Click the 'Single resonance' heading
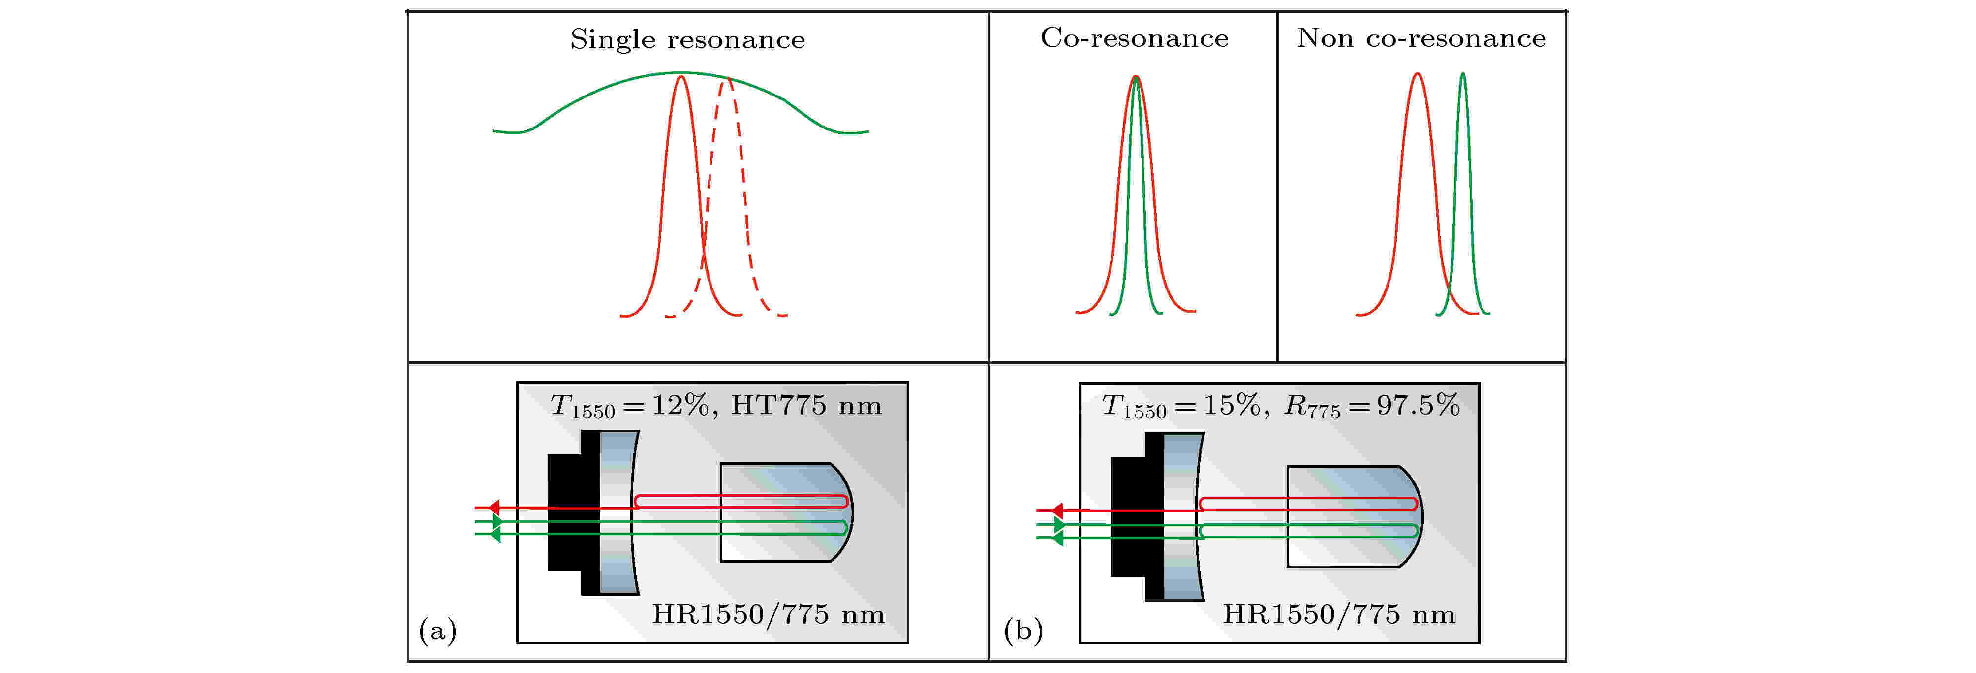click(687, 39)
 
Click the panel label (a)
click(437, 630)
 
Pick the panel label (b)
click(1023, 630)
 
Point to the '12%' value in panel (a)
click(680, 404)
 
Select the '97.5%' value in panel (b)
click(1418, 404)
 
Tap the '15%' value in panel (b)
click(1231, 404)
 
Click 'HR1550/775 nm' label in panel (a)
click(768, 614)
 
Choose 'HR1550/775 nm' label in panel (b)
click(1338, 614)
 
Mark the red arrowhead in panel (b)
click(1057, 511)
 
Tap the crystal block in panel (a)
click(782, 513)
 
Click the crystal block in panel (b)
click(1350, 515)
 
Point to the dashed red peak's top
click(726, 80)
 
